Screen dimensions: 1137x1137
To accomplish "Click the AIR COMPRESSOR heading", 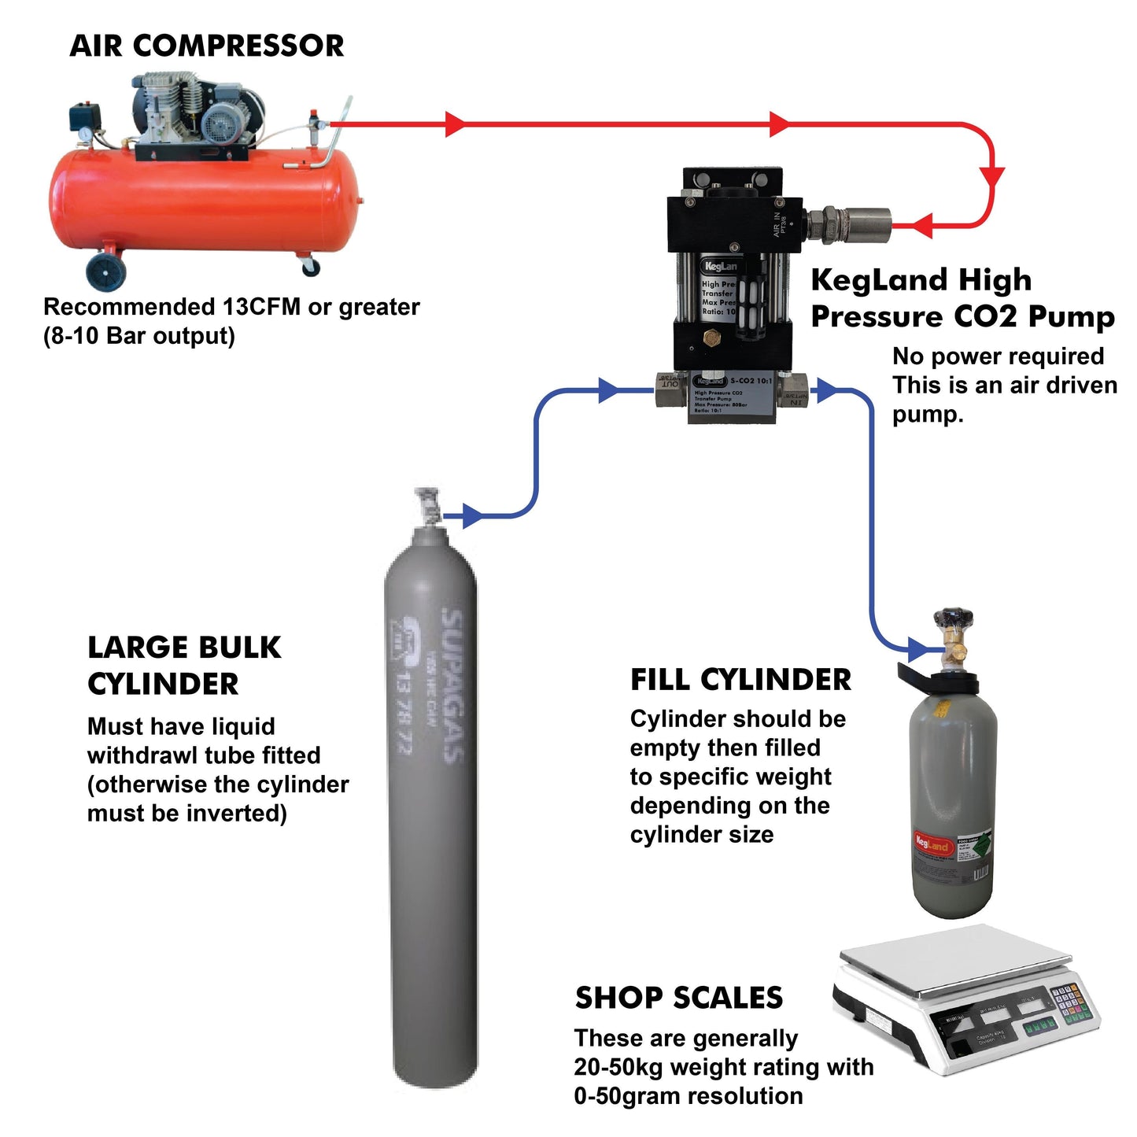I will (x=206, y=46).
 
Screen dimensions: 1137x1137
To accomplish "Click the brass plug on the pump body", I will (x=713, y=339).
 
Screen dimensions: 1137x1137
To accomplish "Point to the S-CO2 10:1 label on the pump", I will (x=751, y=381).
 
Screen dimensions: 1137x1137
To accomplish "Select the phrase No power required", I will (x=998, y=356).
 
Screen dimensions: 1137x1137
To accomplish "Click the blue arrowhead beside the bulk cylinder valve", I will (x=472, y=516).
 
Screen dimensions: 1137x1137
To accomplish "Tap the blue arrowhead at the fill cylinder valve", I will (x=917, y=650).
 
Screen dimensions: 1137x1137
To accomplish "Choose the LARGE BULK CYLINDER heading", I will (x=183, y=666).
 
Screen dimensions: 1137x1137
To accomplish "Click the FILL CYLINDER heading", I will (x=740, y=680).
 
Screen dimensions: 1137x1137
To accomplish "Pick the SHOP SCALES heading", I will (x=678, y=998).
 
